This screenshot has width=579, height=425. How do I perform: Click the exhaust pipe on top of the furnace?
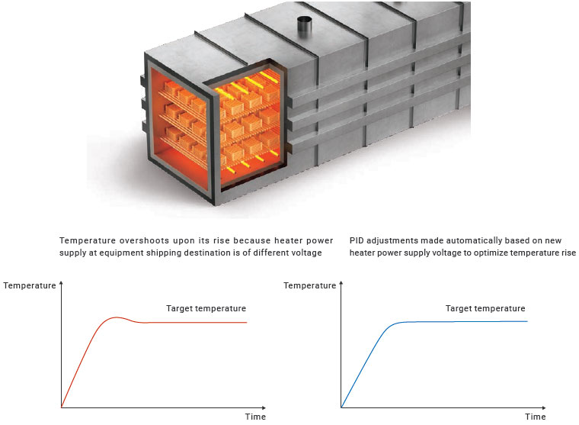tap(305, 27)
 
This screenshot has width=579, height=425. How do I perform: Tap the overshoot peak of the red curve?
tap(117, 317)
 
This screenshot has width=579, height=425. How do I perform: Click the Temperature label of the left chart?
tap(30, 285)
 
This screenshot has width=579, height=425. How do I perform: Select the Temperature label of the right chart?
tap(310, 285)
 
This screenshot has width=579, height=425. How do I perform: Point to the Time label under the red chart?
tap(255, 417)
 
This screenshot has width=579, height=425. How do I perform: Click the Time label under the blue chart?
tap(536, 417)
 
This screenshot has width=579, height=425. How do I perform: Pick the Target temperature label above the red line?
tap(206, 308)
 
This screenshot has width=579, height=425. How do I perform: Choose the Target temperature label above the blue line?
tap(485, 308)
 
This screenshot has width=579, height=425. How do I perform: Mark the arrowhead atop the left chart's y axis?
tap(61, 283)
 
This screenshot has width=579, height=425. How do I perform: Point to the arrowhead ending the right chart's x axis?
tap(543, 407)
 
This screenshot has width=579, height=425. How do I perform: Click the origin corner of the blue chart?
tap(341, 407)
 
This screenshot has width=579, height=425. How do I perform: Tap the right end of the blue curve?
tap(527, 321)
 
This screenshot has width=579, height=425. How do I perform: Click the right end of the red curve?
tap(247, 323)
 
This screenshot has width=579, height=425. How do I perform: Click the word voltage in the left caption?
tap(308, 253)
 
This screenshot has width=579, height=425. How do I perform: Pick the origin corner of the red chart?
tap(61, 407)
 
